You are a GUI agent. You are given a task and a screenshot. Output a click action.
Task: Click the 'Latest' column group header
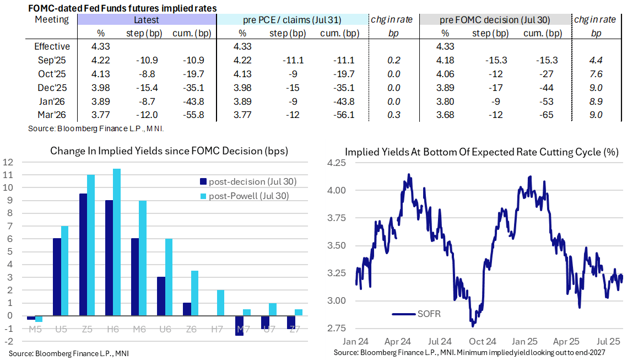pyautogui.click(x=147, y=20)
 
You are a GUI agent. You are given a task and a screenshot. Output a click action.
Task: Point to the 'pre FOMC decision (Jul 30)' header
pyautogui.click(x=495, y=20)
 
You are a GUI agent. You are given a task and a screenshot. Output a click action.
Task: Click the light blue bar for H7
pyautogui.click(x=220, y=303)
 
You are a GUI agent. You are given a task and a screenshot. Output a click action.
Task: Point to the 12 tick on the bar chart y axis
pyautogui.click(x=8, y=163)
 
